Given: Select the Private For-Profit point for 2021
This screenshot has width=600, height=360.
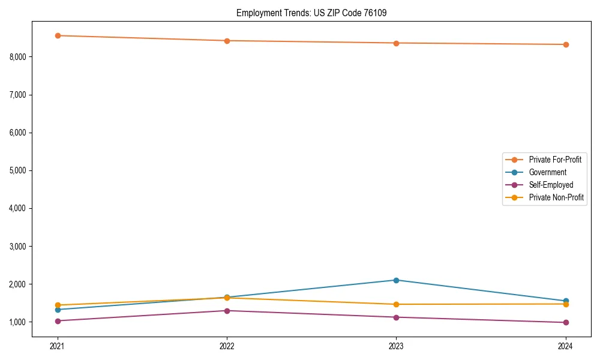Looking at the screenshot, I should [x=58, y=35].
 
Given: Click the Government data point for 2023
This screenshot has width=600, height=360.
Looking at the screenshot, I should [x=396, y=280].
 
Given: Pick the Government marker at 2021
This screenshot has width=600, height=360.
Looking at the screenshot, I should [x=58, y=310].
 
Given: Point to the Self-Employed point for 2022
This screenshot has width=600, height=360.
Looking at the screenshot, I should [x=227, y=311].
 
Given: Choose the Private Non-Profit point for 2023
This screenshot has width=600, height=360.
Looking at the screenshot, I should [x=396, y=304].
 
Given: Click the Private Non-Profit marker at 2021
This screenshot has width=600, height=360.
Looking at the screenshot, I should [x=58, y=305].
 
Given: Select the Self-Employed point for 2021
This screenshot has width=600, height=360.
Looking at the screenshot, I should [x=58, y=320].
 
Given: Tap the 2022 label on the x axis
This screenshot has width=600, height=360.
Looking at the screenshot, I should [x=227, y=346].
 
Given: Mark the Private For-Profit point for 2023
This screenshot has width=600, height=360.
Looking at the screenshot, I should [x=396, y=43].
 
